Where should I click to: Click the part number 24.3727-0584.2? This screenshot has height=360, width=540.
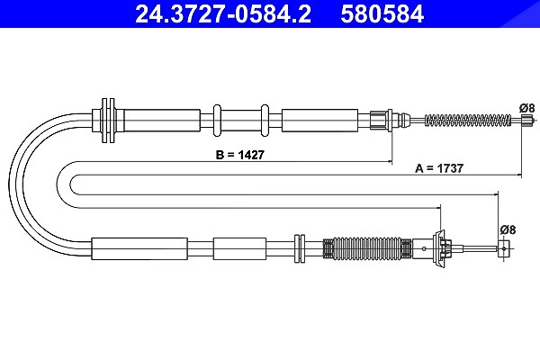click(223, 13)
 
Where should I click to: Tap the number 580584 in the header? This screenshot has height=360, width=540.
click(382, 13)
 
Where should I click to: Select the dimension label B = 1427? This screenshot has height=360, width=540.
click(239, 155)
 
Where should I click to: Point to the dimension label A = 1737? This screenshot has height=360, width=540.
click(439, 168)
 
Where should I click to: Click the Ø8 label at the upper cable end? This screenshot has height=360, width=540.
click(526, 108)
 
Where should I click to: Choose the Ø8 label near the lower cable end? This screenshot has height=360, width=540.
click(508, 229)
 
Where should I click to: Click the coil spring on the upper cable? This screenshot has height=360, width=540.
click(468, 121)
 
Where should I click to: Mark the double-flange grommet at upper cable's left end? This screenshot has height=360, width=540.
click(108, 121)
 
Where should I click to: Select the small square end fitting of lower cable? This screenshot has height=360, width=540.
click(503, 248)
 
